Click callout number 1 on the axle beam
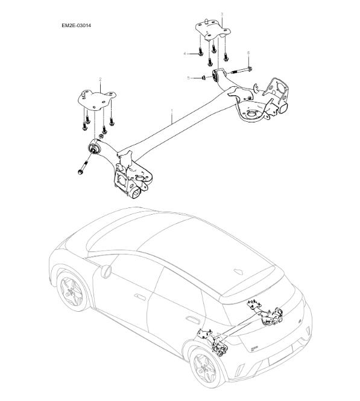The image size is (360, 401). pos(172,110)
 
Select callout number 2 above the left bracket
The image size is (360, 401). pos(100,79)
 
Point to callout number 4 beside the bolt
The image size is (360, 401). pos(186,54)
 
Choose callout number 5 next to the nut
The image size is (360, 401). pos(189,78)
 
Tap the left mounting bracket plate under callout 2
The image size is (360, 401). pos(96,97)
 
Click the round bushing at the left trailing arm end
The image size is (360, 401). pos(94,147)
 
